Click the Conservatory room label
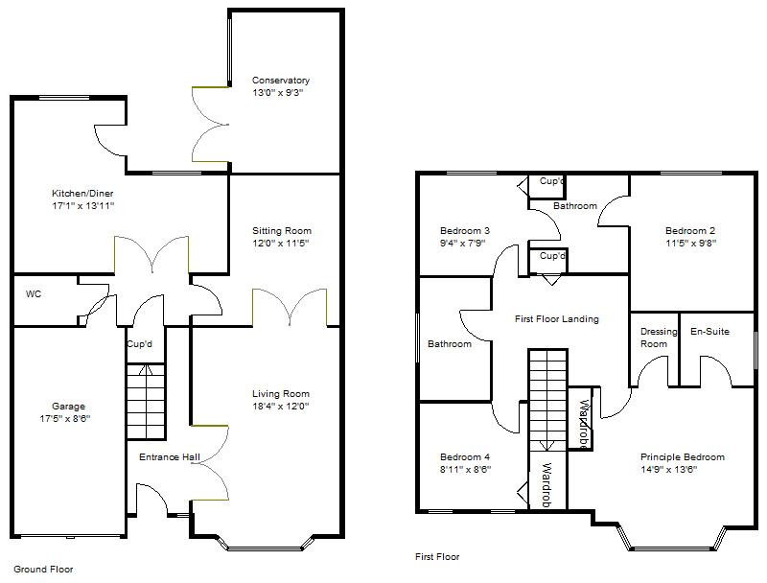[281, 81]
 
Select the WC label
[34, 293]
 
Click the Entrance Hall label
[169, 457]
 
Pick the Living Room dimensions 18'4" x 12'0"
[281, 407]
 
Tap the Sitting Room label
[282, 231]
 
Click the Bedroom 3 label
[465, 231]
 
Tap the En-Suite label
[710, 332]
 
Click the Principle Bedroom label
[683, 457]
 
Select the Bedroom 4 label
[465, 457]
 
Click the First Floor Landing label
[556, 319]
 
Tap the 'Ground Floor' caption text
[43, 569]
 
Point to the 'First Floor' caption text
[437, 556]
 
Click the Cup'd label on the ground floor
[139, 343]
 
